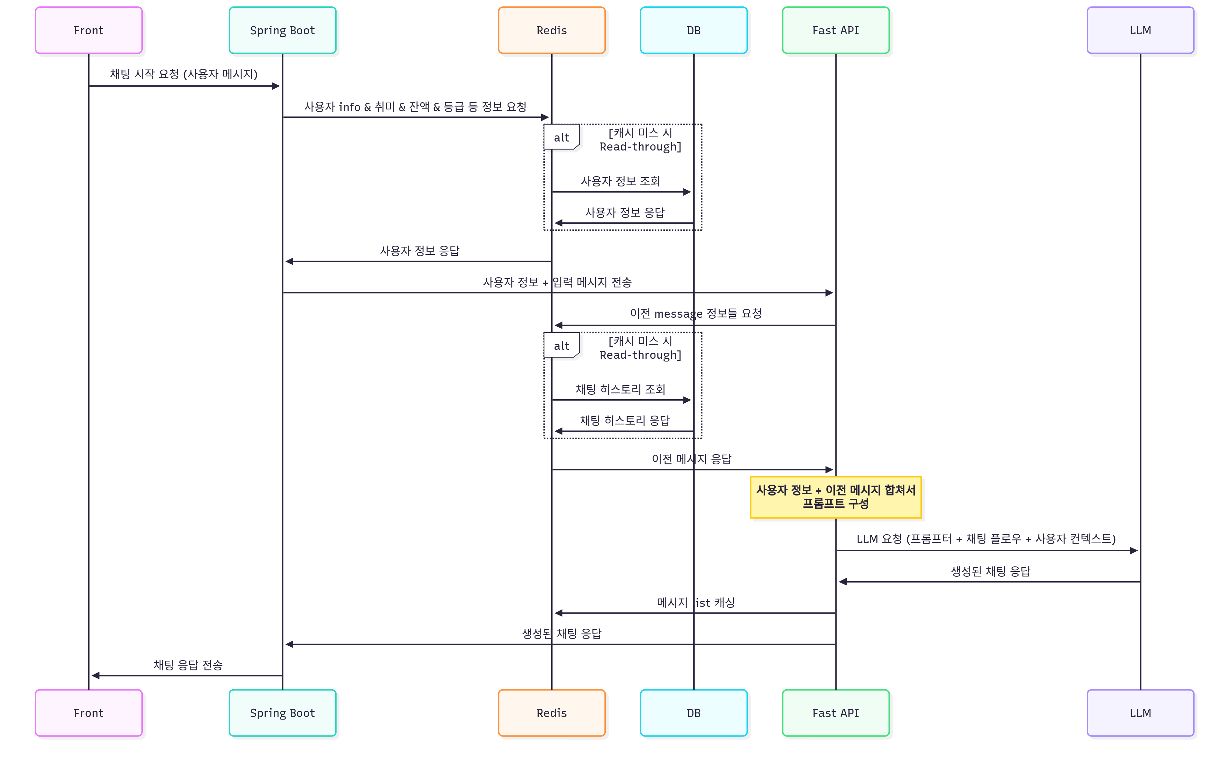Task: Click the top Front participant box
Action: (89, 30)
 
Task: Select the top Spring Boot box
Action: (282, 30)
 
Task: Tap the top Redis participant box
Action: (552, 30)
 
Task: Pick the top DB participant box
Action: (694, 30)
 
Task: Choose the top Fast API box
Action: (835, 30)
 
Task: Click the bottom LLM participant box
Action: (1140, 713)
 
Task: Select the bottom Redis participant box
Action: (552, 713)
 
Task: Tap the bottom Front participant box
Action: (89, 713)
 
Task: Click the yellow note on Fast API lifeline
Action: (835, 497)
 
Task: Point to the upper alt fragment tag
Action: (561, 137)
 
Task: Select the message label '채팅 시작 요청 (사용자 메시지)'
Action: (184, 74)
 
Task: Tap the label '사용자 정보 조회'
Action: (620, 181)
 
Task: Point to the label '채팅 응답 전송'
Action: (188, 665)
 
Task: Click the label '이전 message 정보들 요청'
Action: (696, 314)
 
